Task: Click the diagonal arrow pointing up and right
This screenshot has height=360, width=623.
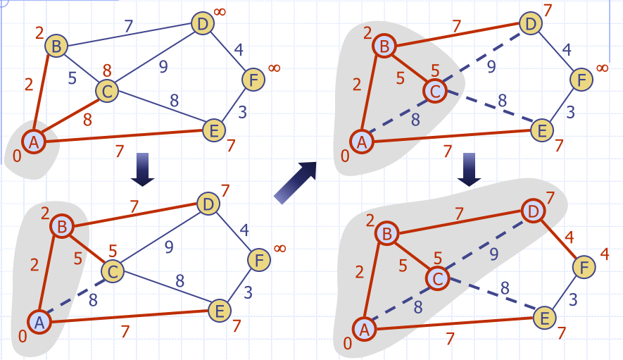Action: pos(296,182)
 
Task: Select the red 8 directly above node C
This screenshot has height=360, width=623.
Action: pos(107,70)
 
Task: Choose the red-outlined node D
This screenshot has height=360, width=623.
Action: pos(533,210)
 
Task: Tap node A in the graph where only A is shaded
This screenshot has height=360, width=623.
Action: pos(32,142)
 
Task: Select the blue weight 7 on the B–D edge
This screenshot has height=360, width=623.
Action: pos(128,27)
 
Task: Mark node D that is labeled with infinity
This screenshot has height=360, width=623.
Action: pos(202,25)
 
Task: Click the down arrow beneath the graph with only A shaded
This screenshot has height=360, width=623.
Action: pos(143,170)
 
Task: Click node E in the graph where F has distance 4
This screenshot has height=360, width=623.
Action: pos(542,318)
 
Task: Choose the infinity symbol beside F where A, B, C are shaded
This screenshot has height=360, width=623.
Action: pos(602,68)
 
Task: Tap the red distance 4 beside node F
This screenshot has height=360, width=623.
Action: pos(604,253)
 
